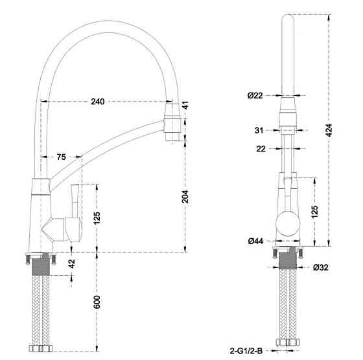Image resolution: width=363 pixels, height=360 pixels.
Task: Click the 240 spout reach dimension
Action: tap(98, 102)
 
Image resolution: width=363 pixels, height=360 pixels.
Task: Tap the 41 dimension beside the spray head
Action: tap(185, 105)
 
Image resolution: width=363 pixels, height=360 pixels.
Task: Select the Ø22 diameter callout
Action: tap(255, 96)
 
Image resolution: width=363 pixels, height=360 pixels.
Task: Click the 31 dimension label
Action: tap(259, 130)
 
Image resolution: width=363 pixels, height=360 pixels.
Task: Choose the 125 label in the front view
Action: tap(316, 212)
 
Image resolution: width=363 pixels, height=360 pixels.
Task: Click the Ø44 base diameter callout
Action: tap(255, 242)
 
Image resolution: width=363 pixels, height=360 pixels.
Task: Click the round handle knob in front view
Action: tap(287, 224)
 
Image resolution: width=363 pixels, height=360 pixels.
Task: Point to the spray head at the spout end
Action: tap(172, 125)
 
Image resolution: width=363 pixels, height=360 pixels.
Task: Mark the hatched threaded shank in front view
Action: tap(287, 260)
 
